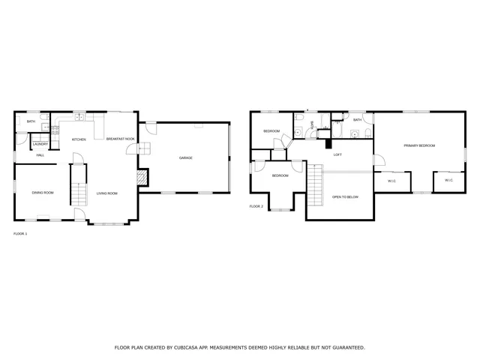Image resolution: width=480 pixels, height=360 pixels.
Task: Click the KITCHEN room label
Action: [x=79, y=139]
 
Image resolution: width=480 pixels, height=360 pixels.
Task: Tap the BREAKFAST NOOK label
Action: [x=120, y=139]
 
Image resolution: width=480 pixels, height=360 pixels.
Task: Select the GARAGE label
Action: [x=185, y=158]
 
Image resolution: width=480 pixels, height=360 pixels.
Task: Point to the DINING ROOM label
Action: [x=43, y=193]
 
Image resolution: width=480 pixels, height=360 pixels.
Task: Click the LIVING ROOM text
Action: [x=107, y=193]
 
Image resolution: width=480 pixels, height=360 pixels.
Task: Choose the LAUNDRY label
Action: [x=40, y=145]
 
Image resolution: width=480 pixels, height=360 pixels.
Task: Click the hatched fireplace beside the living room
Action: [x=141, y=177]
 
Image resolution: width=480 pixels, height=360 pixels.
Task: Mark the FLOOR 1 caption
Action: [x=20, y=234]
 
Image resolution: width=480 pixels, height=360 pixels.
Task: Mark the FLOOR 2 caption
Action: [x=256, y=205]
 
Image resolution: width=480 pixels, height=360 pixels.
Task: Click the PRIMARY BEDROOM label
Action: [x=419, y=145]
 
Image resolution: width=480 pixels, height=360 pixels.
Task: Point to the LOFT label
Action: [x=337, y=154]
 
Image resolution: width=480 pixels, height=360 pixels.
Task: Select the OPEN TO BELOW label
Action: [x=345, y=196]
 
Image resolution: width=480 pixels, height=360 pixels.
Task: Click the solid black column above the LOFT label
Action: [x=328, y=142]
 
